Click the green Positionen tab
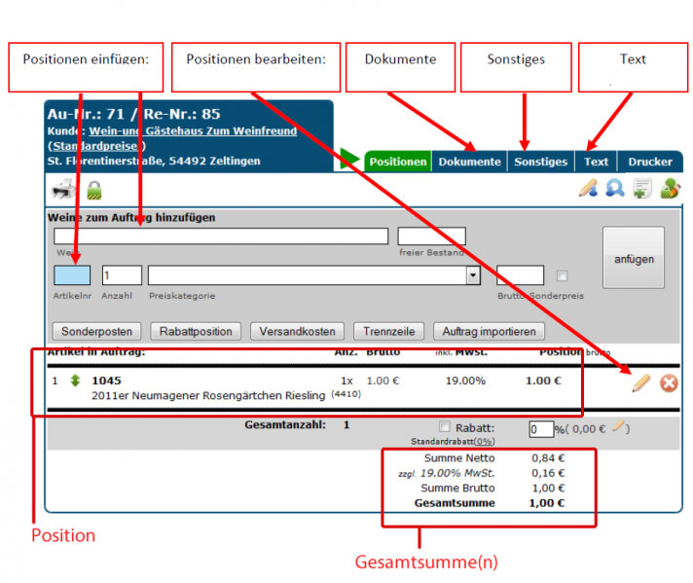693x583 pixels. point(398,162)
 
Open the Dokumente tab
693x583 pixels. point(469,162)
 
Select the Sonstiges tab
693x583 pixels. point(540,162)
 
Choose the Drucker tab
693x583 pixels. point(649,162)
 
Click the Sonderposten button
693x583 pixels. point(97,331)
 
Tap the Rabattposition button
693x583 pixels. point(196,331)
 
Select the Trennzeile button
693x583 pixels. point(388,331)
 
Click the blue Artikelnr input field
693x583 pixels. point(71,275)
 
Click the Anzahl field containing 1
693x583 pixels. point(122,275)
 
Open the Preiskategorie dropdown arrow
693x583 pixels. point(473,275)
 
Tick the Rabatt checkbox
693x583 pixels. point(445,426)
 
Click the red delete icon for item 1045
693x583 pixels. point(669,383)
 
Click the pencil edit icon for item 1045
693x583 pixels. point(640,383)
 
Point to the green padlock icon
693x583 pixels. point(94,190)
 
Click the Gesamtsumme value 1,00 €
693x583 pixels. point(548,503)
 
